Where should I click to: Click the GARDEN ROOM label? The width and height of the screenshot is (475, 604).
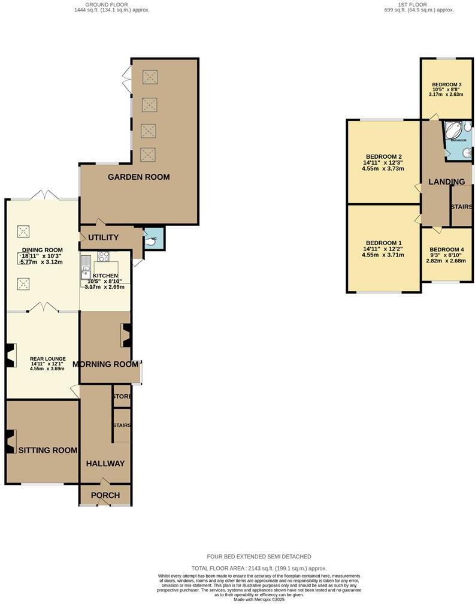coord(138,177)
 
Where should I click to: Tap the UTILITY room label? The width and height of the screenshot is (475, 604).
coord(104,238)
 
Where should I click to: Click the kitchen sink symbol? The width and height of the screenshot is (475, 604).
coord(86,267)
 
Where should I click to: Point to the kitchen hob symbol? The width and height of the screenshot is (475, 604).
coord(103,256)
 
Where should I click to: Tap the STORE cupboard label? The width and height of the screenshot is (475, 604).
coord(122,397)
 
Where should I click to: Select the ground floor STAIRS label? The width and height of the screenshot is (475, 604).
coord(122,425)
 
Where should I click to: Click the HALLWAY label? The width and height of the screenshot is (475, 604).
coord(105,463)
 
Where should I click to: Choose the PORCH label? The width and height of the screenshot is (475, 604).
coord(105,496)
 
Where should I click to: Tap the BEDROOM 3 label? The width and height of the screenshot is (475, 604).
coord(447,84)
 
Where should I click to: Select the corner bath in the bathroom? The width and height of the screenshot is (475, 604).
coord(453,130)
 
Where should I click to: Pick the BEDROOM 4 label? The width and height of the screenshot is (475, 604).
coord(447,249)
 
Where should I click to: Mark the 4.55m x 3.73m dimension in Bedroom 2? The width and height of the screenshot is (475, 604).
coord(383,169)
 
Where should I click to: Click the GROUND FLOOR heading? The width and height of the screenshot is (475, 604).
coord(108,4)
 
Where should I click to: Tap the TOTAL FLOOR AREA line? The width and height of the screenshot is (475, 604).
coord(259,567)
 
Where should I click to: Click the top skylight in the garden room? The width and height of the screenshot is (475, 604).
coord(149,77)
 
